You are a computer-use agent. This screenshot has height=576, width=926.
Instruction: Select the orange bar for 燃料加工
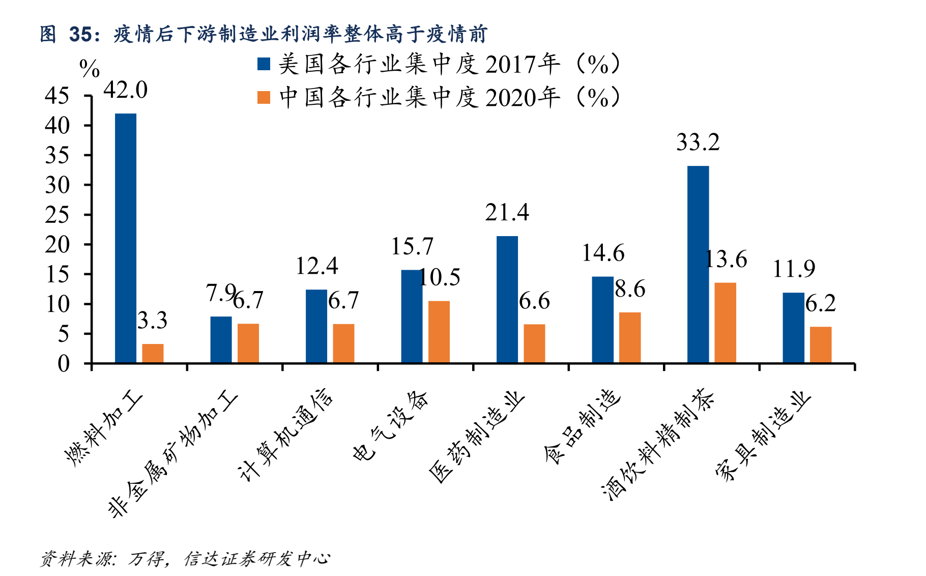(153, 353)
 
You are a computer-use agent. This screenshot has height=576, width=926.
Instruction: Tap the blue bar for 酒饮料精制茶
(698, 264)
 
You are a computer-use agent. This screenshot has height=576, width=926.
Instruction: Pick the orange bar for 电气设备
(439, 332)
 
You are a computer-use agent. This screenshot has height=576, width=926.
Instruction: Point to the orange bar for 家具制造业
(820, 344)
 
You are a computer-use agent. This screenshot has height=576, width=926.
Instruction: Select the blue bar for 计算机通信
(316, 326)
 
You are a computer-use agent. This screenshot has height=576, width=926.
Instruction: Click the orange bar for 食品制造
(629, 337)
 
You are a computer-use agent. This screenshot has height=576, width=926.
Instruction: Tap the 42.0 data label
(125, 91)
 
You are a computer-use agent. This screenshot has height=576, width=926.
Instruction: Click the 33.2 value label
(698, 142)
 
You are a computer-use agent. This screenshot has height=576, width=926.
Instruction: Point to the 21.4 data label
(507, 213)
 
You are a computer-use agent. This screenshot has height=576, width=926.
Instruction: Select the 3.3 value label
(152, 321)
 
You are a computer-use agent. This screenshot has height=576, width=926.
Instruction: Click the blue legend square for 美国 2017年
(264, 64)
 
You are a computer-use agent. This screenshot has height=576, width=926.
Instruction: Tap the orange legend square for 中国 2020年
(264, 97)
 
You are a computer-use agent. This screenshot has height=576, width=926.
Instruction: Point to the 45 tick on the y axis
(57, 96)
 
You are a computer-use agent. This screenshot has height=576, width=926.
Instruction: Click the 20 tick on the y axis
(57, 245)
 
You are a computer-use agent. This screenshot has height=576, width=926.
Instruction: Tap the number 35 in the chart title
(80, 34)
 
